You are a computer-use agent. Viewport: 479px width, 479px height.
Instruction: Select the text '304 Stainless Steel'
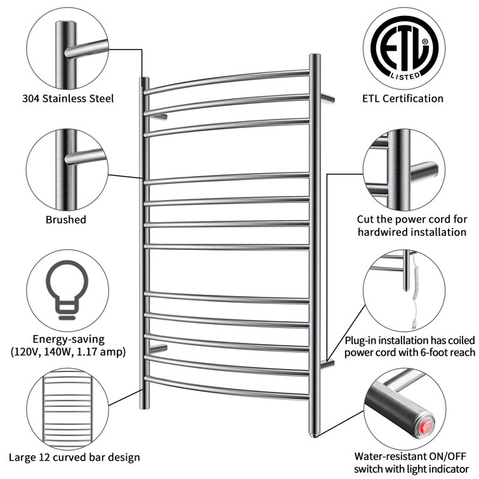pos(68,99)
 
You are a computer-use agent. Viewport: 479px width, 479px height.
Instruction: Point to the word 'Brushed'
pos(66,220)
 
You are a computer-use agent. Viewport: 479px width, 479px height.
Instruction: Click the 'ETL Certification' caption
pos(402,98)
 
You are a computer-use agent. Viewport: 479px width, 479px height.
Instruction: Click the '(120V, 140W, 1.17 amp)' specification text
pos(68,352)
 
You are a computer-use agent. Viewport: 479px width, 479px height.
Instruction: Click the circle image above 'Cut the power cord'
pos(402,167)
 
